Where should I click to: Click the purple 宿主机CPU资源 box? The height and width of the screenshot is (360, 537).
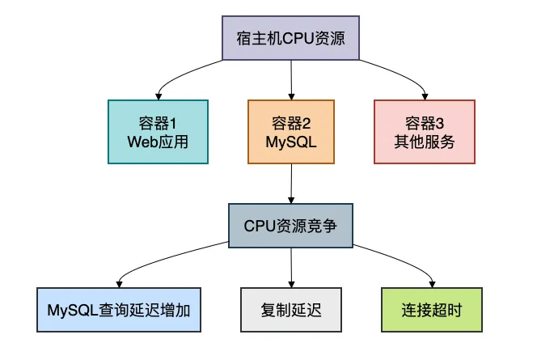point(291,38)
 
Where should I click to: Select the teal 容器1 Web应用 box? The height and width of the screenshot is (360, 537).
point(158,132)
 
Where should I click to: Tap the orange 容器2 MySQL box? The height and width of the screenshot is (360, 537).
point(291,132)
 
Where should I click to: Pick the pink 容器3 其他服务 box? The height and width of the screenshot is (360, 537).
point(425,132)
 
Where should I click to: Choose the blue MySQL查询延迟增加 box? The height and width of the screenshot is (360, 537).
point(119,310)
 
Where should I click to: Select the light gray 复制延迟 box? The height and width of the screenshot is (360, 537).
point(291,310)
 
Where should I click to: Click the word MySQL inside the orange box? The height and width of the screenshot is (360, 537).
point(291,142)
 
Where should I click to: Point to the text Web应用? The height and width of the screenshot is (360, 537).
point(158,142)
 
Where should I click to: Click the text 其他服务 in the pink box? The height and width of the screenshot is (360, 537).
point(425,142)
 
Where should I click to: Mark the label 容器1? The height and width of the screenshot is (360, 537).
point(158,122)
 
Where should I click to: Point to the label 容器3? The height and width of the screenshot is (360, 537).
point(425,122)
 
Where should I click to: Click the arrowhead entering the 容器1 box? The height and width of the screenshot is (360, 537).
point(158,95)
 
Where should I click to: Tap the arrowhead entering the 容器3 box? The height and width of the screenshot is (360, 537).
point(425,95)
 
